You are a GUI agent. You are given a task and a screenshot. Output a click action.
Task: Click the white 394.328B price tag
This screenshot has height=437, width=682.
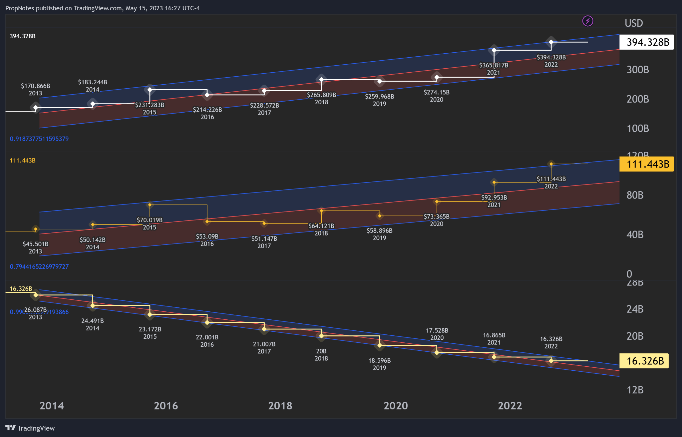(646, 42)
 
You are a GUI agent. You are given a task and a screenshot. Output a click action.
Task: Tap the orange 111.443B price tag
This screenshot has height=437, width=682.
(646, 164)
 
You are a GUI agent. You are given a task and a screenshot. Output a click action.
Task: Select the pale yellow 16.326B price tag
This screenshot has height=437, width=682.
(643, 361)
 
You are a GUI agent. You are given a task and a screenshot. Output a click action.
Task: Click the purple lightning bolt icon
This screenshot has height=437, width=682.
(587, 21)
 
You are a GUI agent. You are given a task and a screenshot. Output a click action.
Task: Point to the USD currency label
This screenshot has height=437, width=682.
(633, 23)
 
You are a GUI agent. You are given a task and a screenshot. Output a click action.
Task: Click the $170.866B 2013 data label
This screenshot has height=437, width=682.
(36, 90)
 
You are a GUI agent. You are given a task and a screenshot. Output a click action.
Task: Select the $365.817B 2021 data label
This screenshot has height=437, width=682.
(494, 69)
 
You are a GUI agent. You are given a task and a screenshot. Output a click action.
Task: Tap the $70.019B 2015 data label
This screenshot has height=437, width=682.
(150, 223)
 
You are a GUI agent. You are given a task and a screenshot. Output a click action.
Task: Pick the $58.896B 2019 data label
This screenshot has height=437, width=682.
(379, 234)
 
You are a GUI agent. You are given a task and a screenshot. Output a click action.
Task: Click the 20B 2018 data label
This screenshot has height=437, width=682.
(321, 355)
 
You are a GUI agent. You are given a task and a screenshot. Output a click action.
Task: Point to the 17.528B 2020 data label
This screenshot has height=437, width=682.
(437, 334)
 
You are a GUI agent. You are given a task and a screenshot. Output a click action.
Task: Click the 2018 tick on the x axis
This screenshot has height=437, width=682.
(280, 406)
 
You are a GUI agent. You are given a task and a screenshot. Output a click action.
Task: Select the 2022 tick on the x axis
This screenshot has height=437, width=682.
(510, 406)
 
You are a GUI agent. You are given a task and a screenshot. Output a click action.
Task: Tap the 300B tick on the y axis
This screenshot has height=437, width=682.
(637, 70)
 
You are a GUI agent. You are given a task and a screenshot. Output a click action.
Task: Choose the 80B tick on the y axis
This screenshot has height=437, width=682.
(635, 195)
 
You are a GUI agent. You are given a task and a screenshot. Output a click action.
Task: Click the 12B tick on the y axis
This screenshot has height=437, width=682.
(635, 390)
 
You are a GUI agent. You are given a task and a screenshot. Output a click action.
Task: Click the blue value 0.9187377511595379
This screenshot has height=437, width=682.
(39, 139)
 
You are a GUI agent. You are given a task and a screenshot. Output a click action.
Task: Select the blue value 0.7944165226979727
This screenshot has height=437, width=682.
(39, 267)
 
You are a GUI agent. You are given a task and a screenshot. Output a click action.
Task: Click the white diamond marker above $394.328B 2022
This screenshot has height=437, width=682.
(551, 42)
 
